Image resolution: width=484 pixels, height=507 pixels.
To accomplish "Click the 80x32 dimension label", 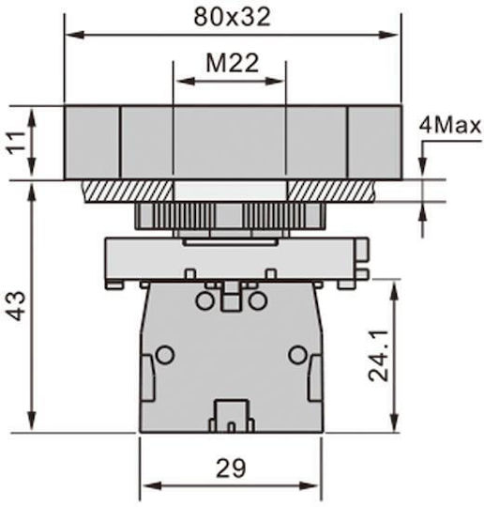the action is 232,17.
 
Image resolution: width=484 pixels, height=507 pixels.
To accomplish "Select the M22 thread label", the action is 233,63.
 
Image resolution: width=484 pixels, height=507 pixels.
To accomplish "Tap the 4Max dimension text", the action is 450,125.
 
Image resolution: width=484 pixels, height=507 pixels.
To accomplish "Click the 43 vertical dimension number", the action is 16,306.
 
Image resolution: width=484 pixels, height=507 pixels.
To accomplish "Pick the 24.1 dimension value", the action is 378,356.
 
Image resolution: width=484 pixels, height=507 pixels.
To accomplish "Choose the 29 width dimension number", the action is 231,469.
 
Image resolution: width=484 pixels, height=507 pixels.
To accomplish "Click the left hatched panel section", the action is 128,192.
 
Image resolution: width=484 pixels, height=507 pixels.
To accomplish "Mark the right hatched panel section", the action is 331,192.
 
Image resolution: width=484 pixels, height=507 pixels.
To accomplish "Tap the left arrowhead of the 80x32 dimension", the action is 74,35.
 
